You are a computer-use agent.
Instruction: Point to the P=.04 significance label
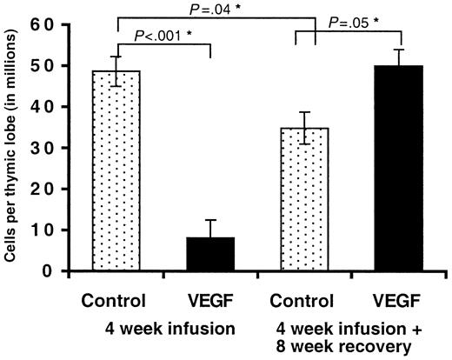tap(215, 8)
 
